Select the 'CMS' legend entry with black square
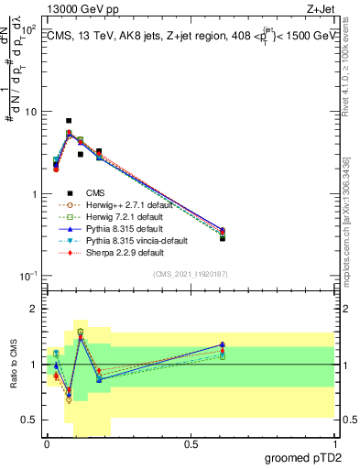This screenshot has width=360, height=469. (94, 192)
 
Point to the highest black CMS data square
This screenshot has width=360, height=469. (69, 121)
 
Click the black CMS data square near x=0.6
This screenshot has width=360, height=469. (223, 238)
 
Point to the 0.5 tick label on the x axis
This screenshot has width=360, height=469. (191, 443)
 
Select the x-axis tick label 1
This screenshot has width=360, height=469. (335, 443)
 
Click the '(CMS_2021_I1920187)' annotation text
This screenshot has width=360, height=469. (190, 275)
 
